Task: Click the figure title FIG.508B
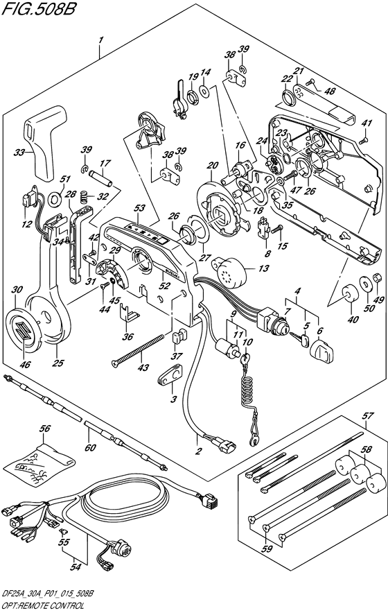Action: [x=38, y=8]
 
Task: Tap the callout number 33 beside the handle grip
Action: [x=19, y=153]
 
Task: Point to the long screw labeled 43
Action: [x=143, y=348]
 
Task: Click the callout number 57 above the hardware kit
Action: [x=368, y=415]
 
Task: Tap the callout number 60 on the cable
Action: [x=90, y=447]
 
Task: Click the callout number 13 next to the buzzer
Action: [x=264, y=268]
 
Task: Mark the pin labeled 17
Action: [x=100, y=178]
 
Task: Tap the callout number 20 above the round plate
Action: [x=213, y=165]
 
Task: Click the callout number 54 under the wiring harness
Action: [x=76, y=567]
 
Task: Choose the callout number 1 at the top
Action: [x=100, y=40]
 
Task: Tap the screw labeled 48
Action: [x=310, y=82]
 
